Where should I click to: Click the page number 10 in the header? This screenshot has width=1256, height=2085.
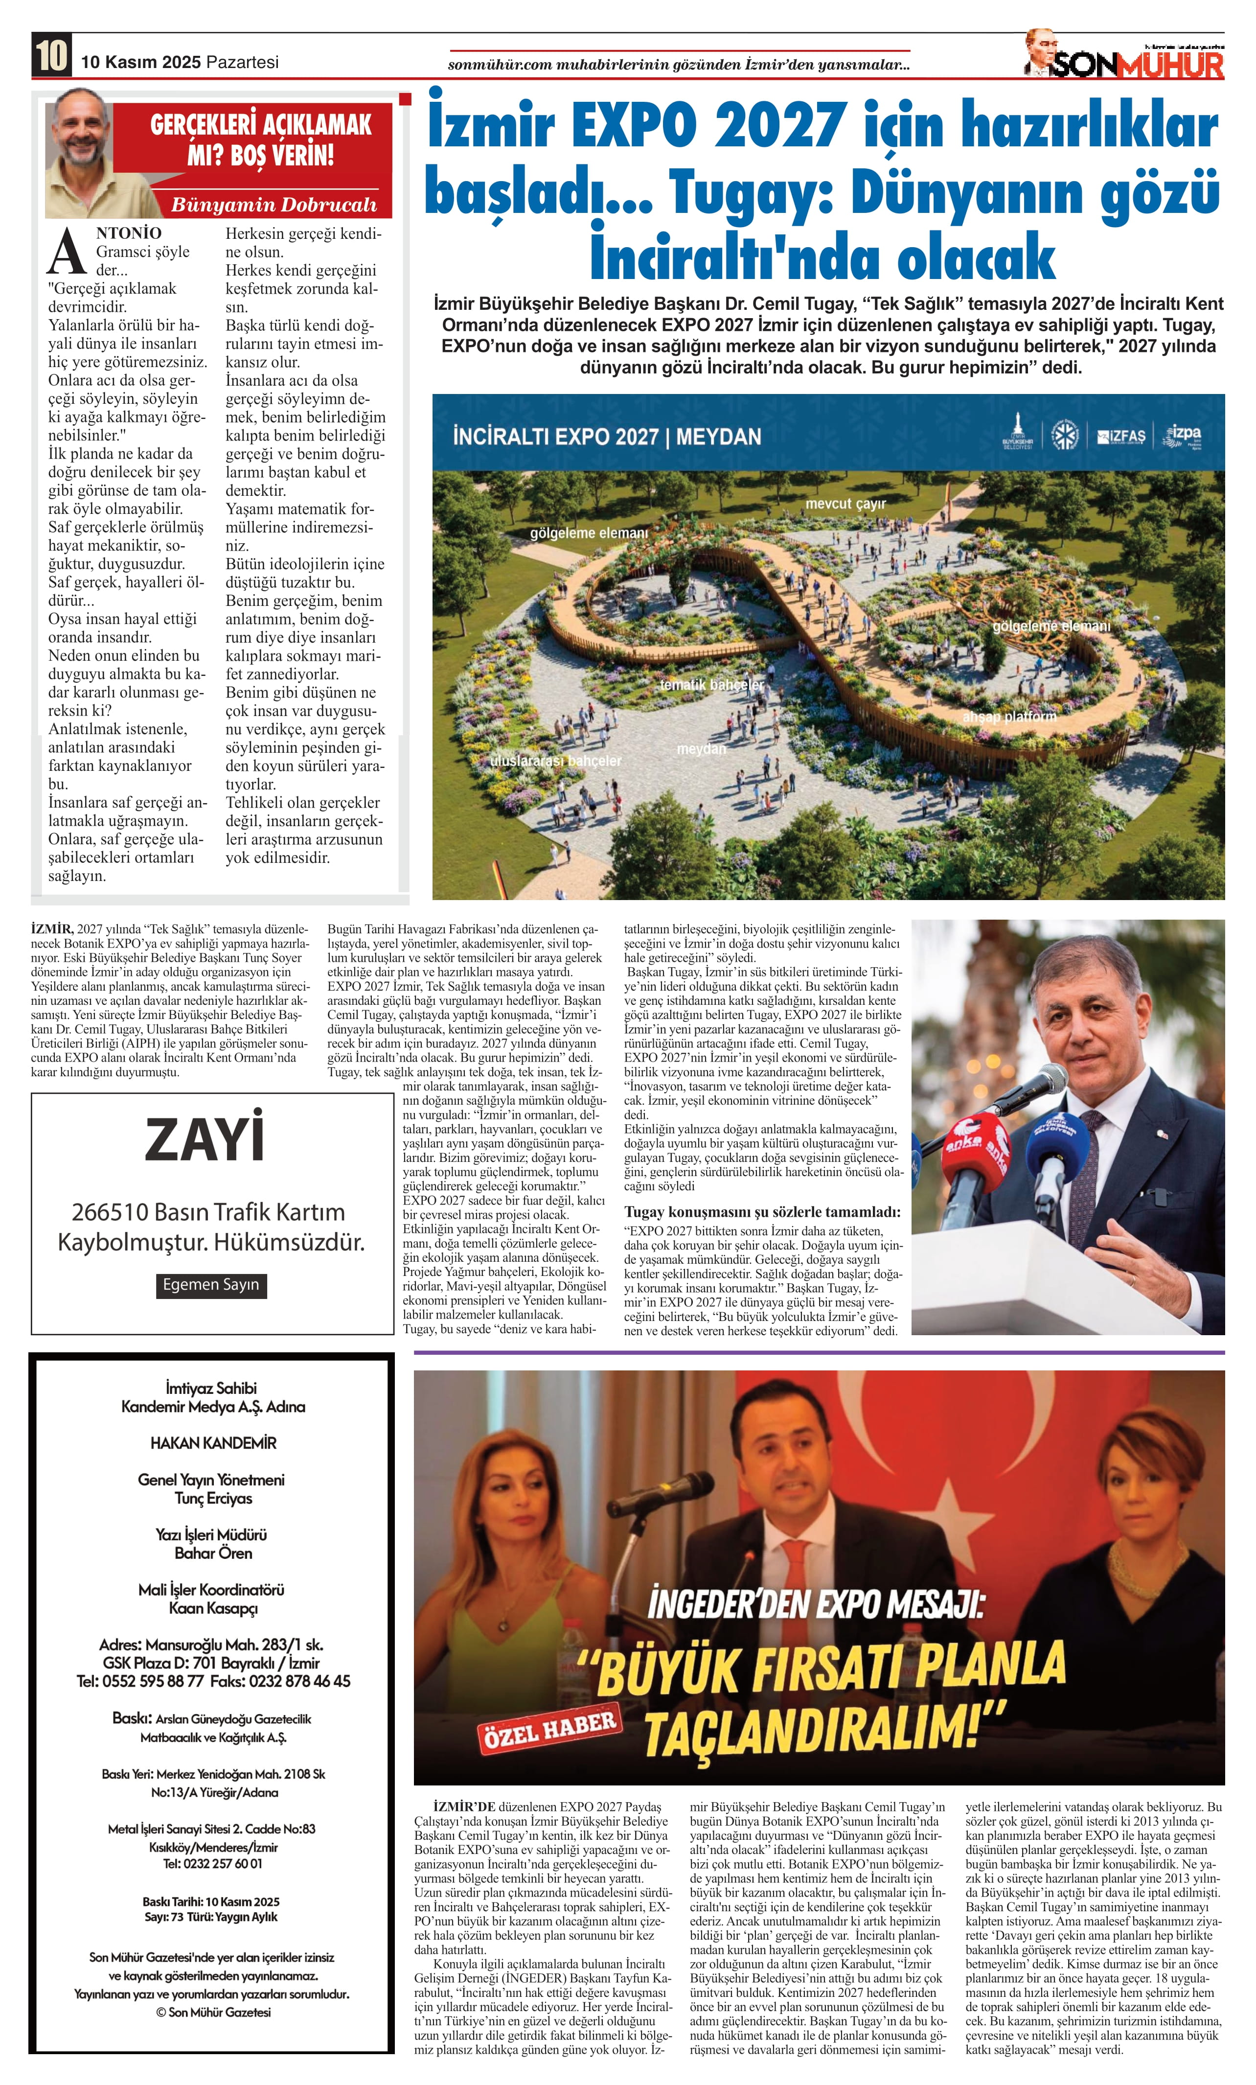click(x=51, y=56)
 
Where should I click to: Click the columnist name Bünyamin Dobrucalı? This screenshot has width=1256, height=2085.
click(x=273, y=205)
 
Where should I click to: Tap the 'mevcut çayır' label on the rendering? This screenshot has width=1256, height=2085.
click(x=845, y=504)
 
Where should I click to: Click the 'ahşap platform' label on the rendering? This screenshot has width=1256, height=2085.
click(x=1009, y=717)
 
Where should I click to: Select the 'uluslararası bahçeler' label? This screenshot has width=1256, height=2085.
click(x=556, y=761)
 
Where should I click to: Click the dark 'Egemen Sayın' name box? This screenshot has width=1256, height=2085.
click(x=210, y=1284)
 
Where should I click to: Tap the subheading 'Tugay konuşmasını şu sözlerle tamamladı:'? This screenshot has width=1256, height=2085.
click(x=762, y=1212)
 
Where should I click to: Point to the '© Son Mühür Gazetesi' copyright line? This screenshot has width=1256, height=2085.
click(x=213, y=2012)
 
